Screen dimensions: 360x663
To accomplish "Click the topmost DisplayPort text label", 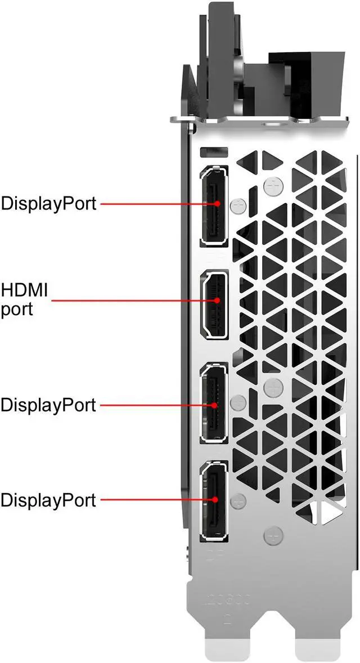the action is (48, 203).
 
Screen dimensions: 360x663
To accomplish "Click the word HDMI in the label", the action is (24, 291).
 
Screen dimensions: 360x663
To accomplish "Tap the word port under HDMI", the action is (17, 309).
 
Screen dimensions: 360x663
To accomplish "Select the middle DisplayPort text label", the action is (48, 405).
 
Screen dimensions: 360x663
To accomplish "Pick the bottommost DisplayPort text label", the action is (48, 499).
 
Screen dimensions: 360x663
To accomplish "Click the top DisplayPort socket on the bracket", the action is (214, 205).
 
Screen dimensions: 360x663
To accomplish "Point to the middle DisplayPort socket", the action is (214, 404).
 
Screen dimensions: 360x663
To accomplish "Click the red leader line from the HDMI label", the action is (129, 300).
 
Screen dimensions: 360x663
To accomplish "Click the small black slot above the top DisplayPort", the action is (214, 152).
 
